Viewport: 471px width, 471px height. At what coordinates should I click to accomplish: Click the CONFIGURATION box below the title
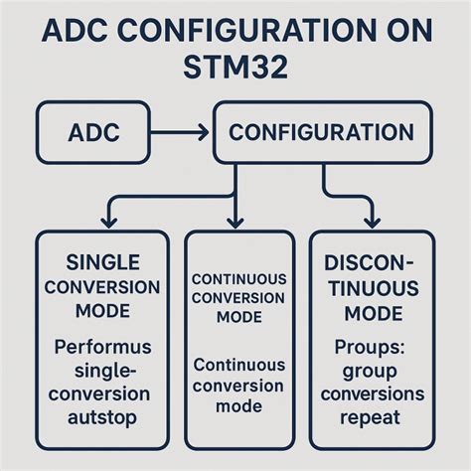click(x=320, y=133)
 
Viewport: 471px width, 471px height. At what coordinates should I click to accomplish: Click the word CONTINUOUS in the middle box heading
click(x=238, y=279)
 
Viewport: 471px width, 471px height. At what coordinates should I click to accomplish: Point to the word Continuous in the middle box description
click(x=240, y=365)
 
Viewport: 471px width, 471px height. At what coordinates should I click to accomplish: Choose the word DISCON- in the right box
click(x=372, y=262)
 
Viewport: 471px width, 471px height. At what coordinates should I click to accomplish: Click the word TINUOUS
click(x=372, y=288)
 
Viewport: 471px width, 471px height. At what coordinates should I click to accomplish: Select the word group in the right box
click(x=372, y=371)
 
